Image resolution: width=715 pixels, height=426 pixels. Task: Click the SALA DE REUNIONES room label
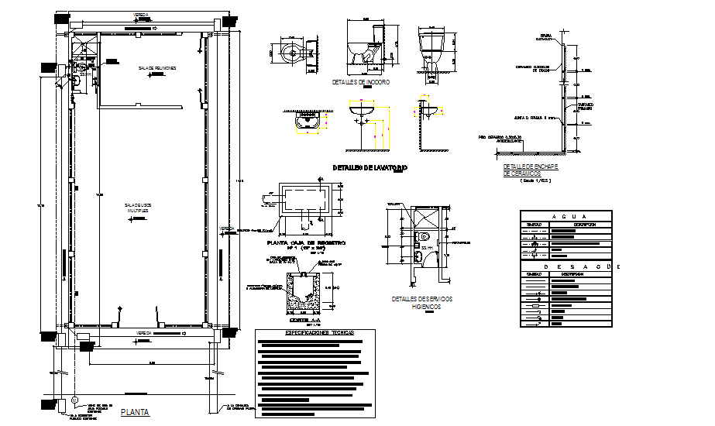157,68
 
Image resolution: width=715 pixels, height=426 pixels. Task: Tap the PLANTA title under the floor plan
135,414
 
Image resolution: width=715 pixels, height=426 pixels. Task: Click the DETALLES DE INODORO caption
360,81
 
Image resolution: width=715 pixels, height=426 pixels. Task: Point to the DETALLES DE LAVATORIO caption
370,167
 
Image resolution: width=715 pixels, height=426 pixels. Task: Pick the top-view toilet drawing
294,53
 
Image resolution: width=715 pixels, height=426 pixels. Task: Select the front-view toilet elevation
432,49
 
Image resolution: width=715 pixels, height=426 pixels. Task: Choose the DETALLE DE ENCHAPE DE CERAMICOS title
531,170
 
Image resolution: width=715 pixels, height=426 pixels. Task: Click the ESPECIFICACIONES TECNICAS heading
315,332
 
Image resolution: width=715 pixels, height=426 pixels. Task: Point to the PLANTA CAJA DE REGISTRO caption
304,243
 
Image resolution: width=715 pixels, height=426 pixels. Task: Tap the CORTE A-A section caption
304,320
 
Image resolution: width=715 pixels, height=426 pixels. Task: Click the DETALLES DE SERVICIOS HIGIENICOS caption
423,302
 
